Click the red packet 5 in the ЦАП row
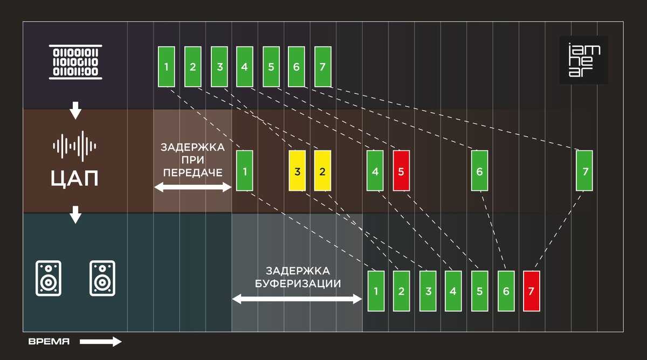(401, 171)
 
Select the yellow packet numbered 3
(297, 171)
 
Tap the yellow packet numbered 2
(322, 171)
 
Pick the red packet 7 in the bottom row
(531, 291)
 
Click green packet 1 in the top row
(167, 67)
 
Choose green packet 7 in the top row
(322, 67)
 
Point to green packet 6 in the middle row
(479, 171)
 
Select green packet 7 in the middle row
(584, 171)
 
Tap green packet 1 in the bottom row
(376, 291)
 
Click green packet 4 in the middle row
(375, 171)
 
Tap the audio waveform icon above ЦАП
(75, 145)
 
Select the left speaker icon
(49, 278)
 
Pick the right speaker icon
(102, 278)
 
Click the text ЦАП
(75, 177)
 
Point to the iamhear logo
(584, 60)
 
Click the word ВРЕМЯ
(49, 342)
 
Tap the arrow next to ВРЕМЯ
(101, 342)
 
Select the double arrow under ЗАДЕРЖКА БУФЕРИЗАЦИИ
(297, 298)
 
